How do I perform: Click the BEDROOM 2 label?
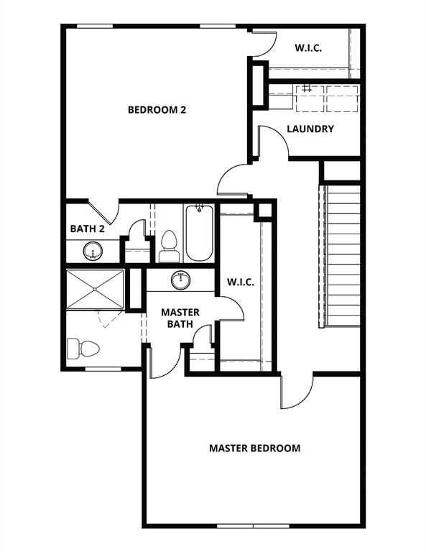pos(157,110)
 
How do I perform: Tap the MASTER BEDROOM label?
pos(254,448)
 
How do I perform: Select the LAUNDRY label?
pos(310,129)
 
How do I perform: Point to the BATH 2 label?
pos(88,229)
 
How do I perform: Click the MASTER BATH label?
pos(180,318)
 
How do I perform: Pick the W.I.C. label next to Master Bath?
pos(241,282)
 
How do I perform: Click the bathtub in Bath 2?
pos(198,234)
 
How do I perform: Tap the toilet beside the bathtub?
pos(169,245)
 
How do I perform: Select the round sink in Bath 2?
pos(92,251)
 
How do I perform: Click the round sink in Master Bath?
pos(181,280)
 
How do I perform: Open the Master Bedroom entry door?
pos(297,392)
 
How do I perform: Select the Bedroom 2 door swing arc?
pos(233,178)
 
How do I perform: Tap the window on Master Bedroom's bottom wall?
pos(254,525)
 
